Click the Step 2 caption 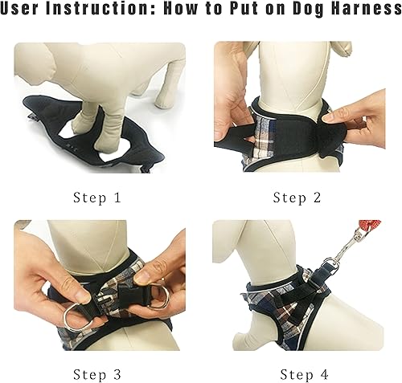coord(301,198)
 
